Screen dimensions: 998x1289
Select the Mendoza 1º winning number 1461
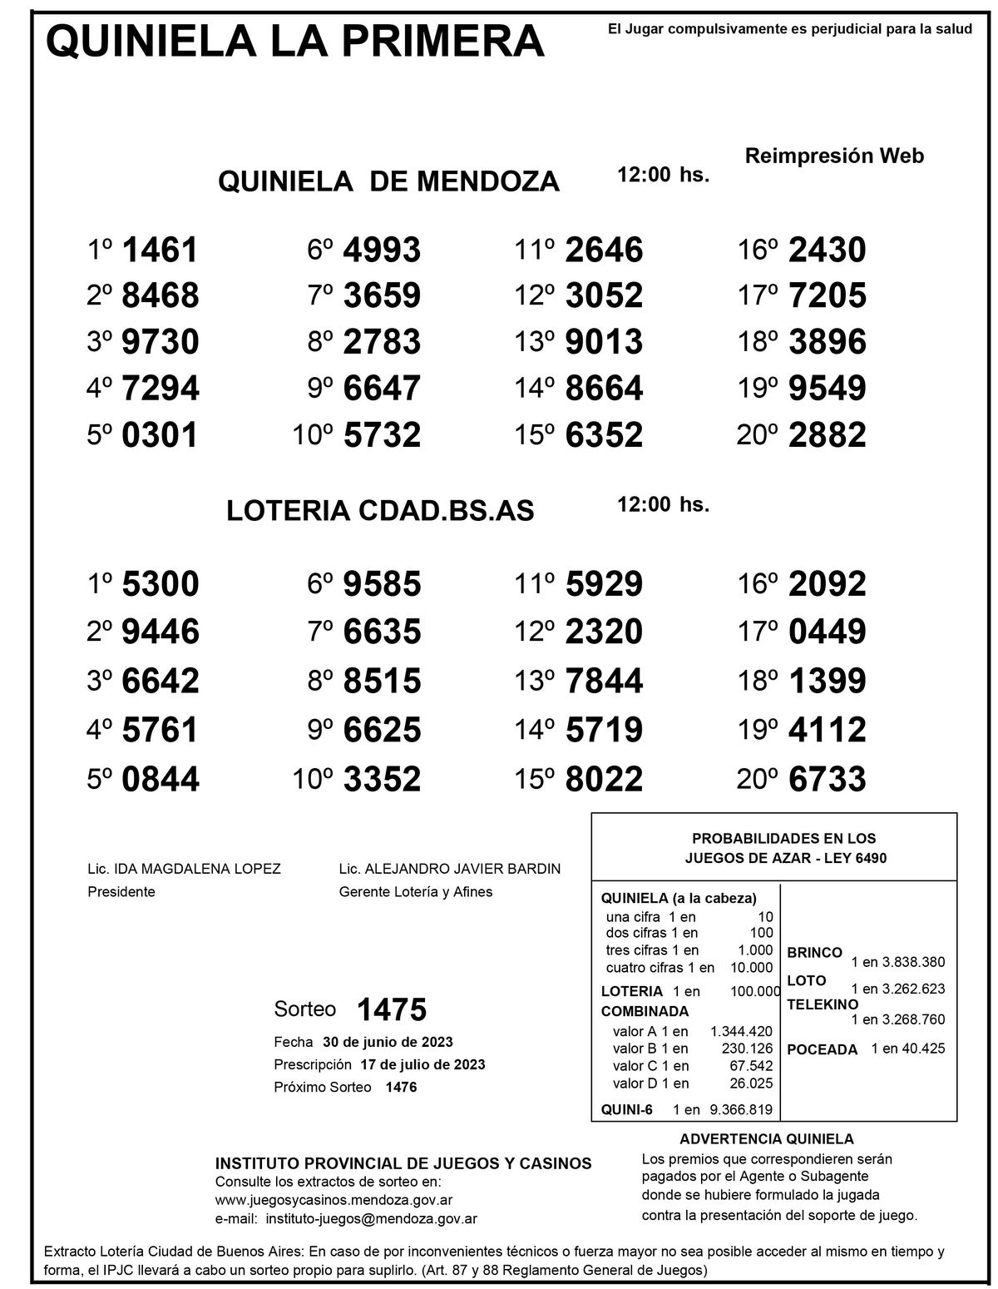tap(160, 250)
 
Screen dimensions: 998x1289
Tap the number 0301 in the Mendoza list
tap(160, 434)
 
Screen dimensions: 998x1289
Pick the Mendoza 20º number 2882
tap(827, 434)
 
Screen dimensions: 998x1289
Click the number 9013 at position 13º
tap(604, 342)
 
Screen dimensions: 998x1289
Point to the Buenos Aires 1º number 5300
tap(160, 583)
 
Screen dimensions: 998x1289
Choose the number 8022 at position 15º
tap(604, 780)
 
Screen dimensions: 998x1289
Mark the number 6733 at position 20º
tap(827, 780)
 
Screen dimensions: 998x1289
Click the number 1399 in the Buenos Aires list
tap(827, 682)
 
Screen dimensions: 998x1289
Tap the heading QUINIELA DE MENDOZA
tap(388, 181)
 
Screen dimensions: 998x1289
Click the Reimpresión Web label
tap(834, 156)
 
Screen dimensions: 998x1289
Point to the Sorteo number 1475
tap(391, 1009)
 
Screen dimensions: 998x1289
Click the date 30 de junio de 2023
tap(388, 1042)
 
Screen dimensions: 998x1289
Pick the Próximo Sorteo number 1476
tap(401, 1087)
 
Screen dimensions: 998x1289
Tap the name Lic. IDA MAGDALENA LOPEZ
tap(184, 869)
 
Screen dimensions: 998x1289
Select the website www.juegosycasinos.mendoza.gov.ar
tap(333, 1200)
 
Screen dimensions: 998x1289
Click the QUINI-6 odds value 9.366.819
tap(740, 1108)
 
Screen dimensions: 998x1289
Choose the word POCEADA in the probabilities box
tap(822, 1049)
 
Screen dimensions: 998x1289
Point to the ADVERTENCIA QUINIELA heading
tap(766, 1139)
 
